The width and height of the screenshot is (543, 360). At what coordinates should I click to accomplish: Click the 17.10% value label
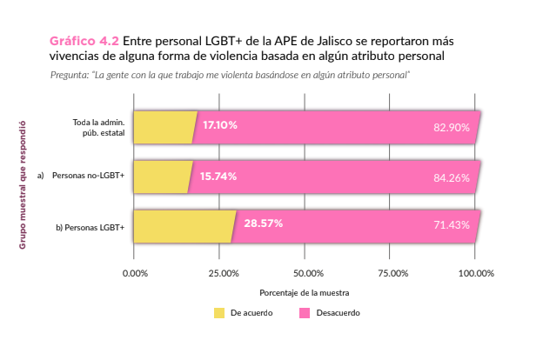click(219, 125)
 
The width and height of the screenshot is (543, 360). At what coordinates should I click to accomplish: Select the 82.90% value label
click(451, 127)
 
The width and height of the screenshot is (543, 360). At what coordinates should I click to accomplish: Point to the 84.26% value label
click(451, 177)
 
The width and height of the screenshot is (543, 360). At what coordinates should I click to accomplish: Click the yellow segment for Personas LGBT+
click(183, 226)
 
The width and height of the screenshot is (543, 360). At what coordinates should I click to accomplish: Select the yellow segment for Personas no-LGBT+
click(160, 177)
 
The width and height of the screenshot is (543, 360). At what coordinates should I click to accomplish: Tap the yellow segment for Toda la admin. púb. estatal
click(164, 127)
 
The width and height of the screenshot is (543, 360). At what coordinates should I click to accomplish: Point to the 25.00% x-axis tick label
click(223, 273)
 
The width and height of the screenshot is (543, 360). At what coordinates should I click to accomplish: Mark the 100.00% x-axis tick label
click(476, 273)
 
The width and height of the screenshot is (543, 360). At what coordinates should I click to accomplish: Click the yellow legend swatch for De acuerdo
click(219, 312)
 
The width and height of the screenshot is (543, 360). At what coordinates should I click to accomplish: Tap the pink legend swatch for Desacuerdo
click(304, 312)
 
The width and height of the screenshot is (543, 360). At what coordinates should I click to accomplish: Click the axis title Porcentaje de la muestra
click(304, 293)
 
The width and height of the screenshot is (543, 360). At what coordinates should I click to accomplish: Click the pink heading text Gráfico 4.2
click(84, 42)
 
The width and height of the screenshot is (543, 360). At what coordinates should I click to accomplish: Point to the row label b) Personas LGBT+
click(90, 228)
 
